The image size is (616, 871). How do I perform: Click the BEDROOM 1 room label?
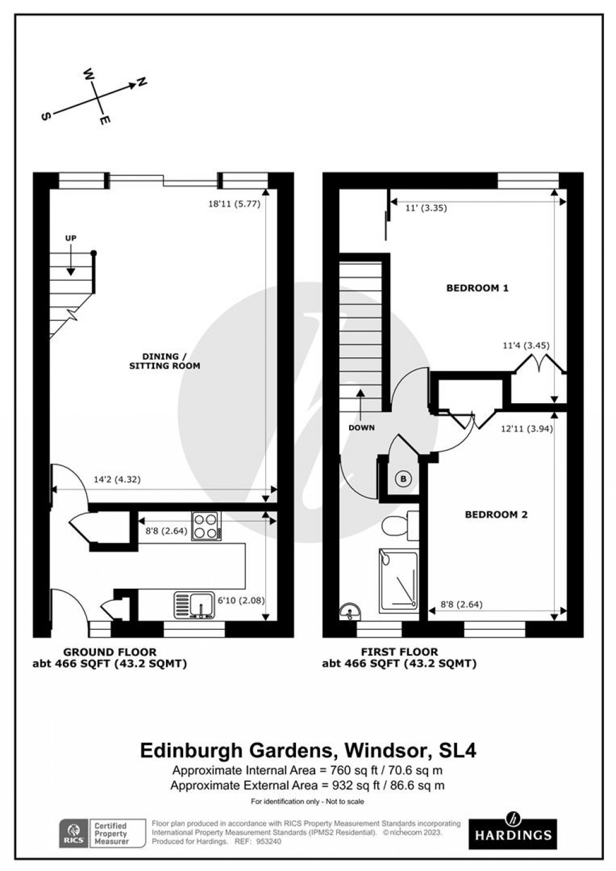coord(477,288)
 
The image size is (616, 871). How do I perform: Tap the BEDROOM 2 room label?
coord(496,515)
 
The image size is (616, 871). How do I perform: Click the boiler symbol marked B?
coord(404,479)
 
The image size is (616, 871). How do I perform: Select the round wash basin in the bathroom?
coord(349,613)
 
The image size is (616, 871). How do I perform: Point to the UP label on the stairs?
coord(71,238)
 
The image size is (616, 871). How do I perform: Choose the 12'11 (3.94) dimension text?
coord(527,429)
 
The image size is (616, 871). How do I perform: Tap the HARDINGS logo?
coord(513,830)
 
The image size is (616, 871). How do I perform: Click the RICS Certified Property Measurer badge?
coord(103,832)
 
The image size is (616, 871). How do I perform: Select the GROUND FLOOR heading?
coord(109,652)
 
